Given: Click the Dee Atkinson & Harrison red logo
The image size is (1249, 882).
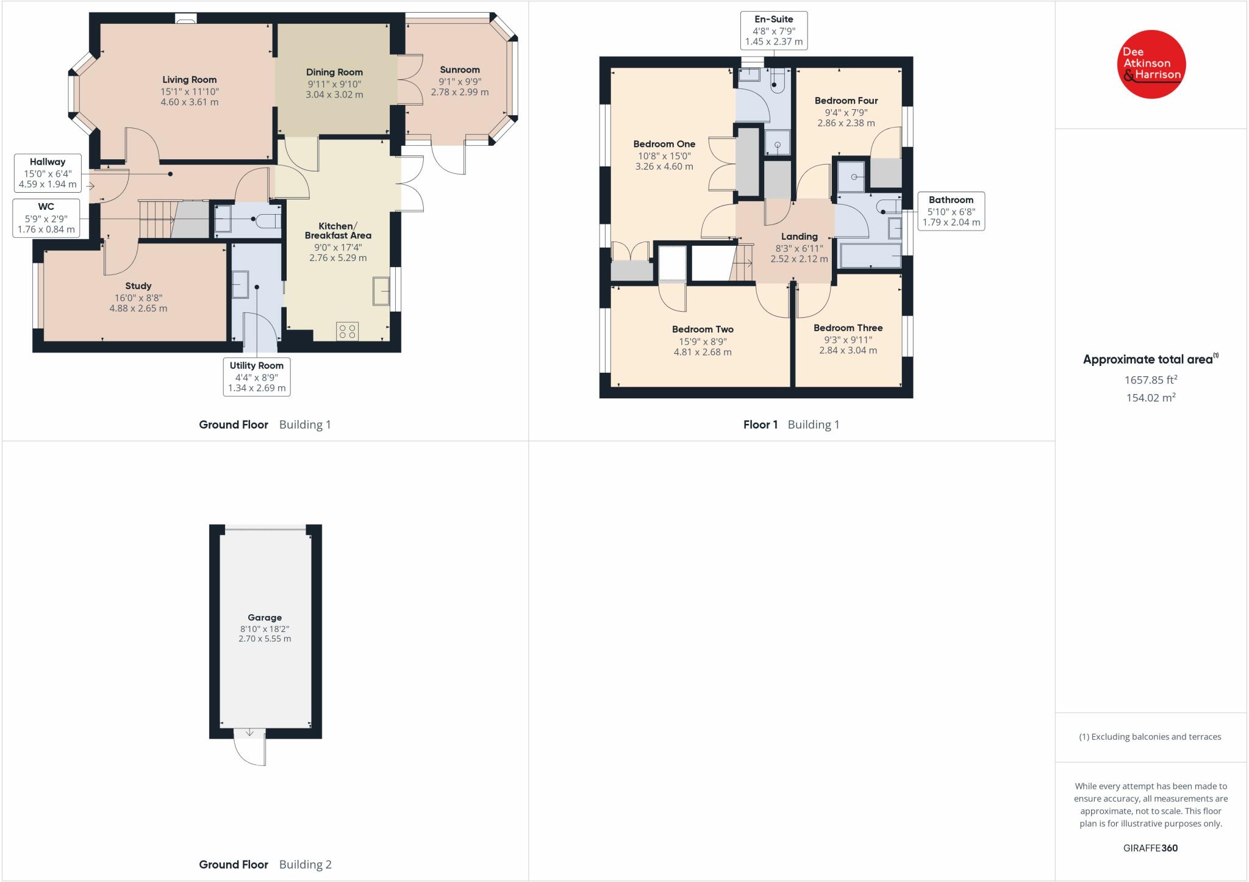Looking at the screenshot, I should point(1151,64).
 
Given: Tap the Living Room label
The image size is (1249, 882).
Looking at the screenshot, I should point(189,80).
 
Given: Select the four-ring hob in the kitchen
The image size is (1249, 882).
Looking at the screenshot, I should point(348,331).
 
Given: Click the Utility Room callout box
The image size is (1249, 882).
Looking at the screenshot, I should point(256,376).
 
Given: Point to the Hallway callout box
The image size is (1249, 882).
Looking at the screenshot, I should point(48,173).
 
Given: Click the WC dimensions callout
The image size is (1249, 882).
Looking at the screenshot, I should point(46,218).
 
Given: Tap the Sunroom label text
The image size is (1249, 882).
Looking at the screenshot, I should point(459,70).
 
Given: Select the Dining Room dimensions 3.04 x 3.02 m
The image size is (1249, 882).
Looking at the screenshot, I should point(334,95).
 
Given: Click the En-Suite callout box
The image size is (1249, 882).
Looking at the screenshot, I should point(773,31).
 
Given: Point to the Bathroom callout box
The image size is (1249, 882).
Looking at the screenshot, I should point(951,211).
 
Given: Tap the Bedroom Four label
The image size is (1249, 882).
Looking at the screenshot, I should point(846,101).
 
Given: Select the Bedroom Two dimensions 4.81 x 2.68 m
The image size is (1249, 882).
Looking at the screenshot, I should point(703,352).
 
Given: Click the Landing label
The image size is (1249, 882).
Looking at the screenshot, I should point(799,237).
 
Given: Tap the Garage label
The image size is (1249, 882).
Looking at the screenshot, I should point(265,617).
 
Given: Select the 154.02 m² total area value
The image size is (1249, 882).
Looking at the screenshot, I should point(1150,398).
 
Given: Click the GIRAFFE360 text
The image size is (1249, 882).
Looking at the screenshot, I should point(1150,848).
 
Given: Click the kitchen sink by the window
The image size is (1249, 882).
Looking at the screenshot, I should point(382,291).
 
